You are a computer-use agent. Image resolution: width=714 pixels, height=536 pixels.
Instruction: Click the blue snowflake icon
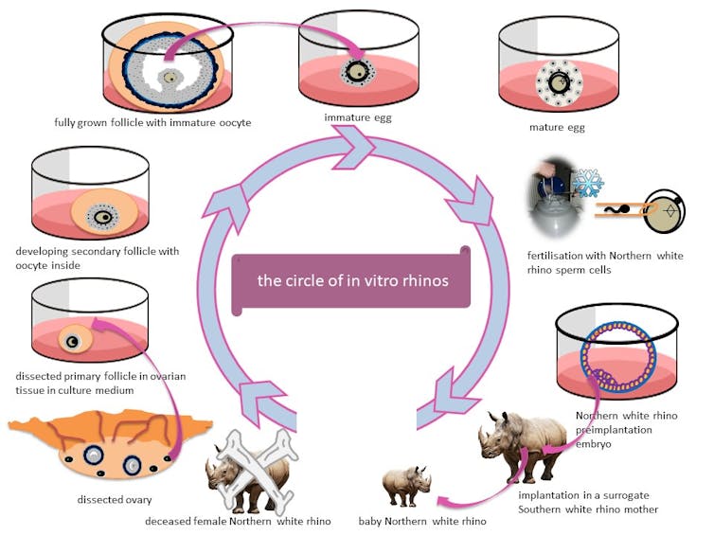pos(588,183)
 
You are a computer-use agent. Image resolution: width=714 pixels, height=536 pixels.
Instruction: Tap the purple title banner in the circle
pos(351,280)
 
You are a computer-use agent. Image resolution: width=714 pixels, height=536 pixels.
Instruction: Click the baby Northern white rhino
pos(406,486)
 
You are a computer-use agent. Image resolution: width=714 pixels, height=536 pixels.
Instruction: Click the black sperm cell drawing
pos(616,210)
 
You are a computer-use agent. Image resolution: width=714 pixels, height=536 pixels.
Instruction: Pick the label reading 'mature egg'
pos(557,127)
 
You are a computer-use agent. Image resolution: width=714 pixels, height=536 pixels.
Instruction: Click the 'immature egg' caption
pos(358,117)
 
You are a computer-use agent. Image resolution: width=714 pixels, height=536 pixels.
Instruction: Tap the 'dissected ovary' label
pos(115,500)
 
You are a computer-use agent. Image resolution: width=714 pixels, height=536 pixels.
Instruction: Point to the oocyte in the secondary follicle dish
pos(104,217)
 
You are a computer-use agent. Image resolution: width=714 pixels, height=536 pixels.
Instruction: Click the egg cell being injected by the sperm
pos(666,211)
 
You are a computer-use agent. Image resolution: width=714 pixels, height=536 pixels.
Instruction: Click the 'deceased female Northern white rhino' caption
pos(238,521)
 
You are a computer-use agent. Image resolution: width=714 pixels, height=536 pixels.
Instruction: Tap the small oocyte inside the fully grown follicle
pos(170,78)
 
